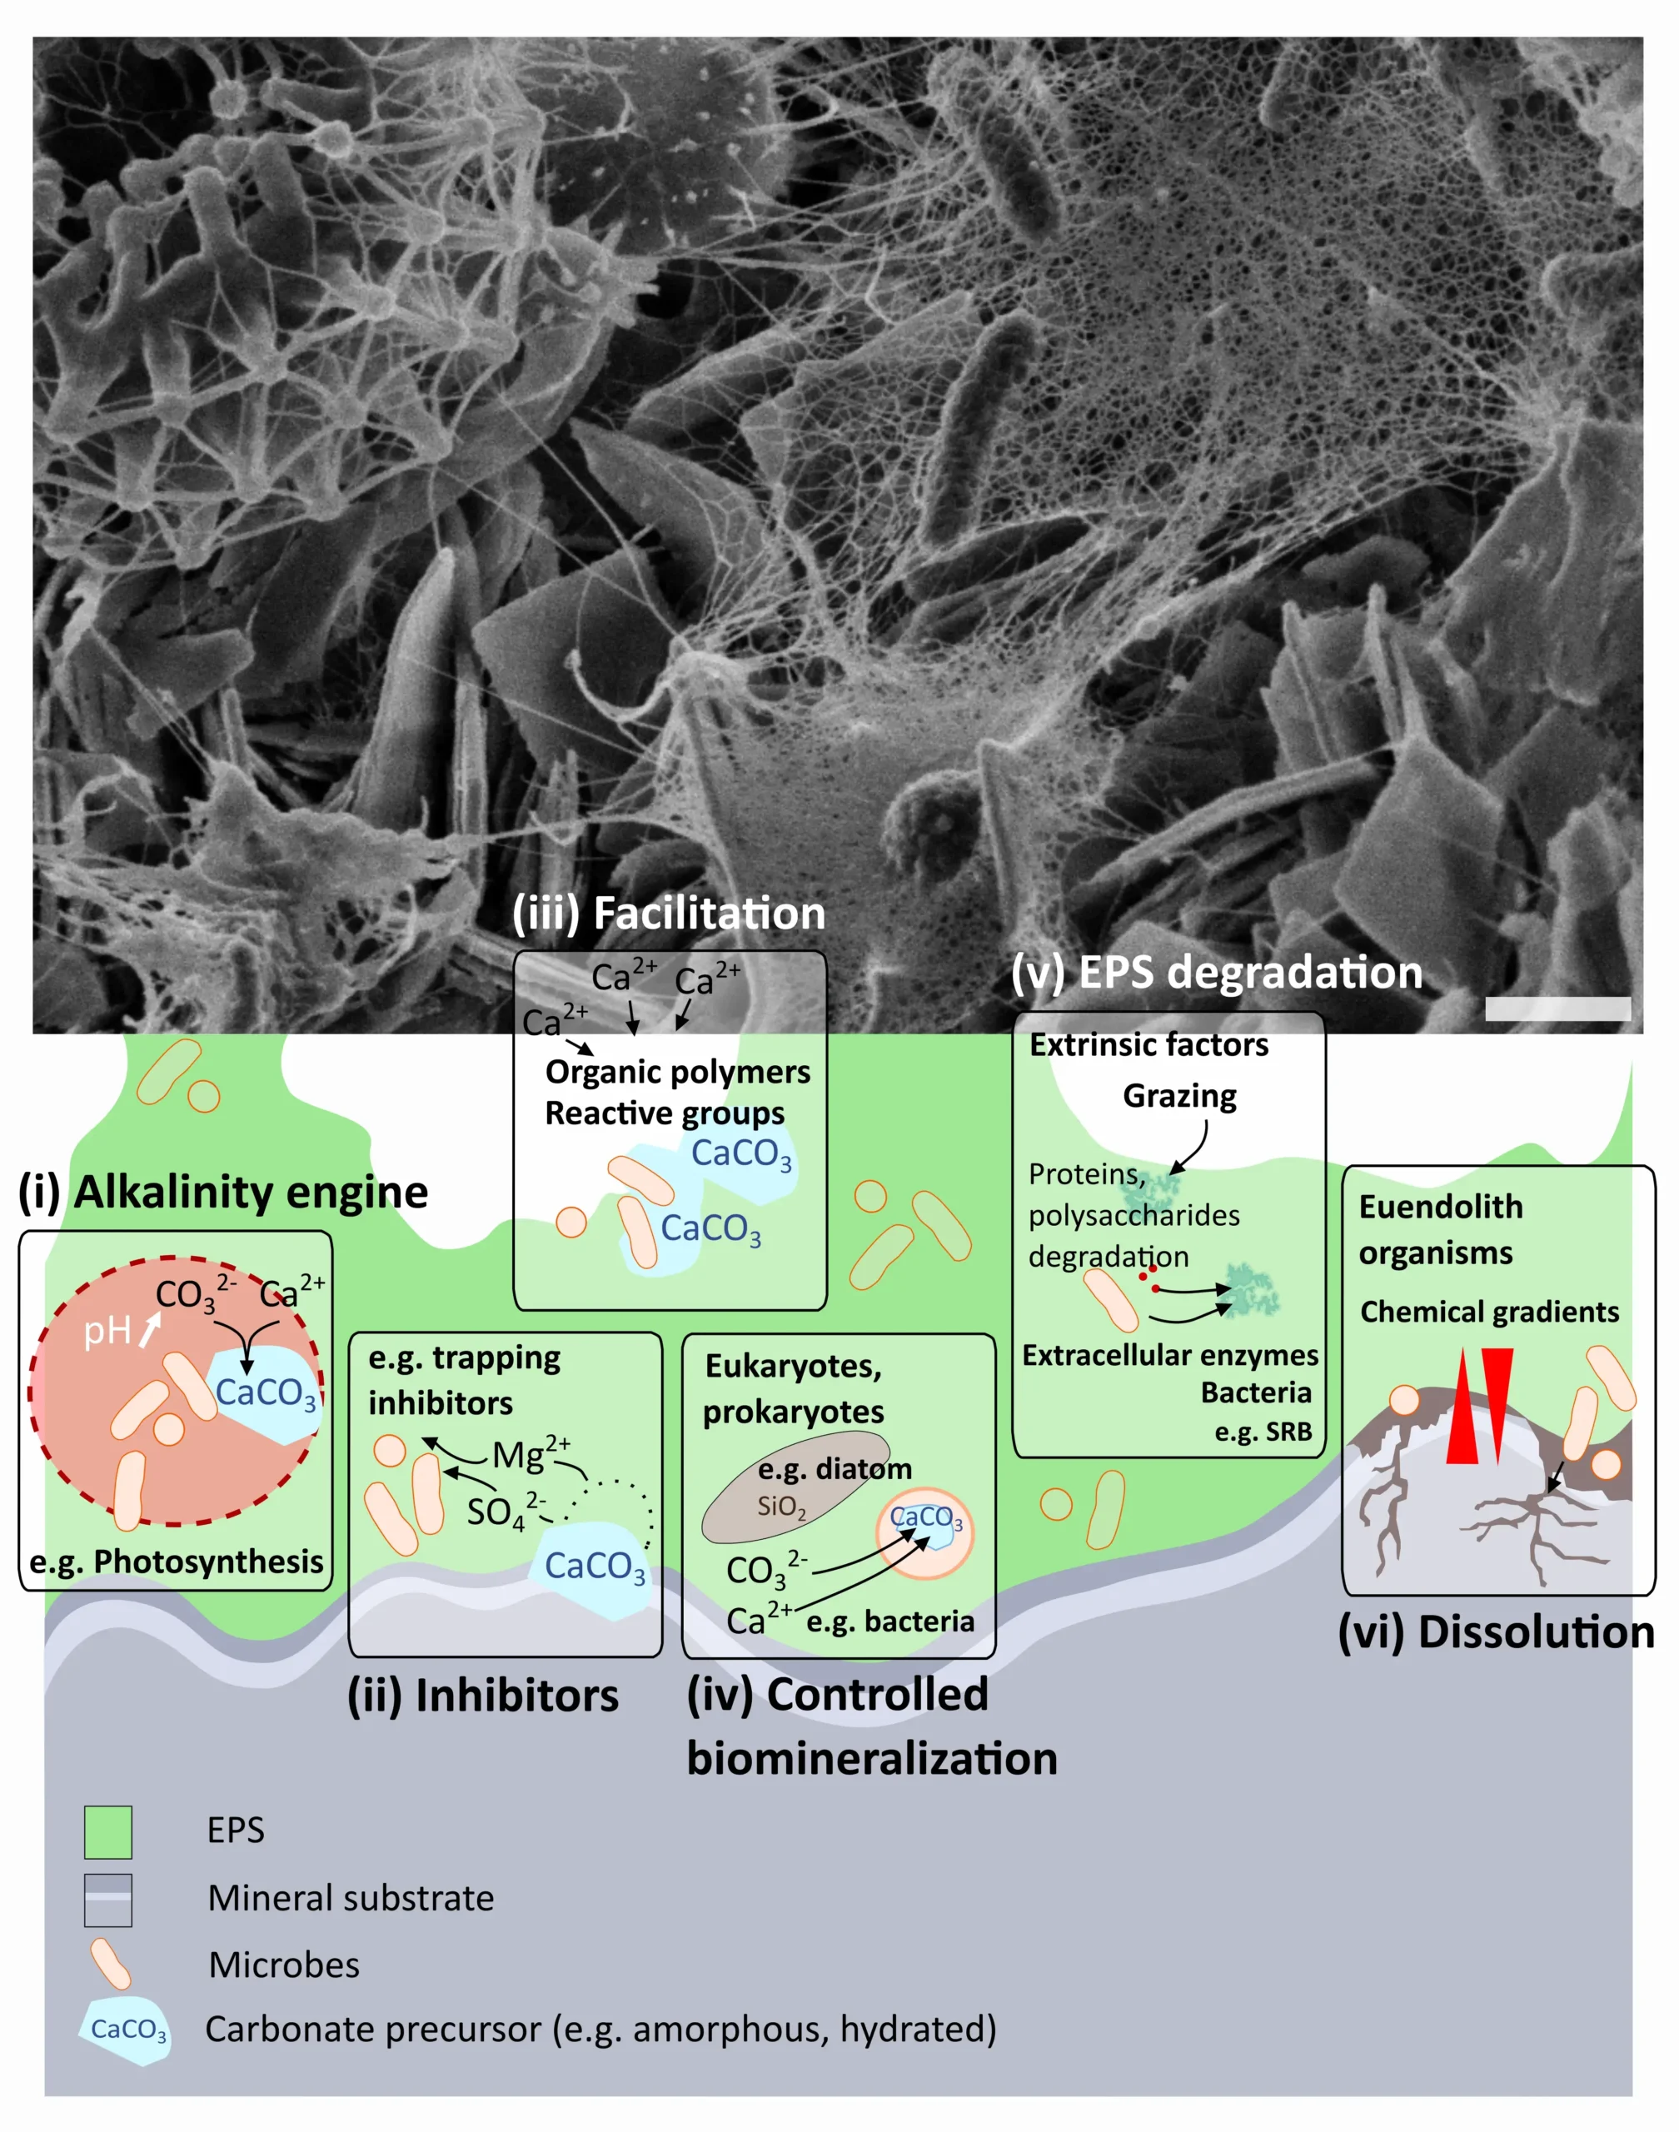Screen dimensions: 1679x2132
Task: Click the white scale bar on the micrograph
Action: pos(1558,1009)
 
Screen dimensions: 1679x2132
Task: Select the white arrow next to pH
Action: pos(148,1331)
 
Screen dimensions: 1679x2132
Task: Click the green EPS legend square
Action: pos(108,1832)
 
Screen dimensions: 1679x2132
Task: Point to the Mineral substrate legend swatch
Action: pos(108,1900)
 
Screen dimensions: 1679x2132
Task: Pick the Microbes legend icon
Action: pos(110,1964)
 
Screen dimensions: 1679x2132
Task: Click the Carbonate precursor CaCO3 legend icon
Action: pos(126,2030)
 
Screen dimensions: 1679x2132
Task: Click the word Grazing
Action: pos(1179,1096)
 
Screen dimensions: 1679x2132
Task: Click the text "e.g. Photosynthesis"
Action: pos(176,1562)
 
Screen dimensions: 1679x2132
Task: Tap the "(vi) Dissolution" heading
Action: pos(1496,1631)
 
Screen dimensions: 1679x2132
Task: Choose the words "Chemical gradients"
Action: pos(1489,1313)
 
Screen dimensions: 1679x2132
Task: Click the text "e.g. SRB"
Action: pos(1263,1432)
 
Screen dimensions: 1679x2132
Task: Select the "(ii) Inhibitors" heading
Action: pos(483,1696)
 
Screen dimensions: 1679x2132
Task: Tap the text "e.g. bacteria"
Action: pos(890,1621)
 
